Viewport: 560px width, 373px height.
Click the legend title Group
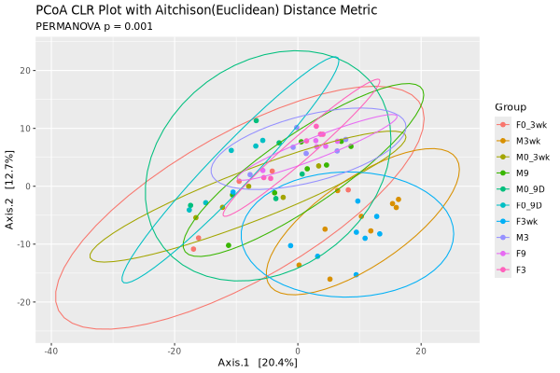point(511,107)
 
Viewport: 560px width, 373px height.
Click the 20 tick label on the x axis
point(421,350)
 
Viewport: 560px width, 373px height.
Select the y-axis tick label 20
point(29,71)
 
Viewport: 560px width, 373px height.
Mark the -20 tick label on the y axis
point(26,302)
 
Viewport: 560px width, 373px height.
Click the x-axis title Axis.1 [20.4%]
point(257,362)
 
